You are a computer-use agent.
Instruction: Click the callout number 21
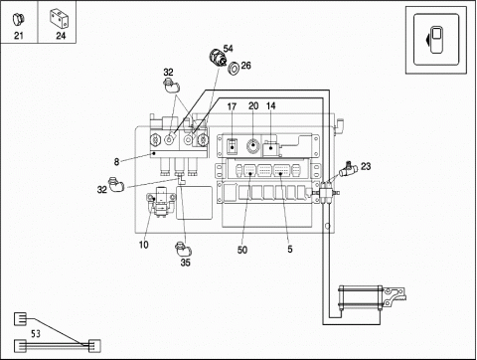pyautogui.click(x=19, y=36)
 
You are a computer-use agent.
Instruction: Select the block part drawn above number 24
pyautogui.click(x=60, y=18)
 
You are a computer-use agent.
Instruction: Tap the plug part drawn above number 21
pyautogui.click(x=18, y=19)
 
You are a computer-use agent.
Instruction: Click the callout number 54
pyautogui.click(x=228, y=49)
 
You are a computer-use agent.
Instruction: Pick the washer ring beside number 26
pyautogui.click(x=235, y=68)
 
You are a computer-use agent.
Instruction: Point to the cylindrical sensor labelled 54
pyautogui.click(x=218, y=57)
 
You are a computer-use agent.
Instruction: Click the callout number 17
pyautogui.click(x=232, y=106)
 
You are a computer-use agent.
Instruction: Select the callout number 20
pyautogui.click(x=253, y=106)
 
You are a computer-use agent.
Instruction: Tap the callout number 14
pyautogui.click(x=271, y=106)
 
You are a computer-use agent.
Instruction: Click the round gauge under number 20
pyautogui.click(x=252, y=145)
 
